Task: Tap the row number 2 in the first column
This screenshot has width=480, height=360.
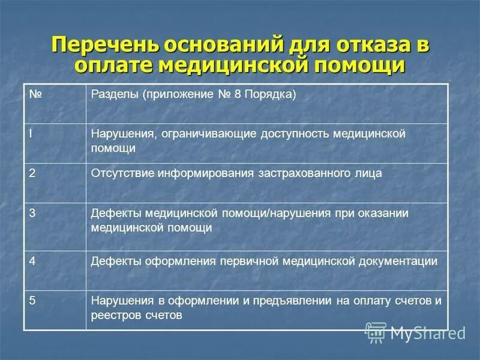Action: click(32, 173)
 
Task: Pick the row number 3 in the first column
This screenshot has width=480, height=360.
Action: click(32, 213)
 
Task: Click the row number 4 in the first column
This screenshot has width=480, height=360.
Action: click(32, 260)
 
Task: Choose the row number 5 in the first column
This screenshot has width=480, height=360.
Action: click(32, 301)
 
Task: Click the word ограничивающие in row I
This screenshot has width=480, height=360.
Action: click(208, 133)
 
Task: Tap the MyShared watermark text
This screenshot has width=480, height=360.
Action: click(427, 332)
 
